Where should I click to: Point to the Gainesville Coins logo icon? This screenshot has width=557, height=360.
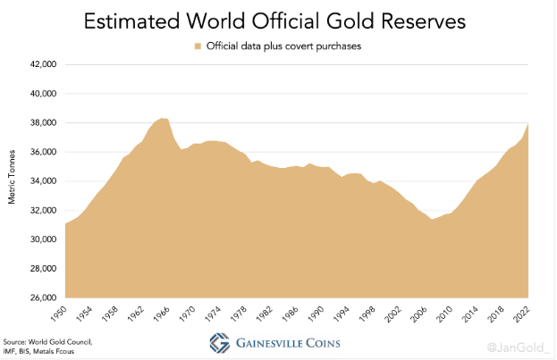[x=220, y=343]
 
